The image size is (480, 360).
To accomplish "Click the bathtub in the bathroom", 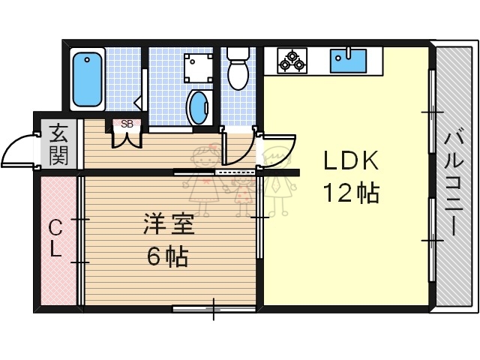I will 88,79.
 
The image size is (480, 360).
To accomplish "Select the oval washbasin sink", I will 198,107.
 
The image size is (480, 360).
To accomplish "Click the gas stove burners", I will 291,60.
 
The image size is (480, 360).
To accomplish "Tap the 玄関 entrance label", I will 58,145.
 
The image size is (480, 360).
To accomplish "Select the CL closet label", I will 56,238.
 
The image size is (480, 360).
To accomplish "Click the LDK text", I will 350,162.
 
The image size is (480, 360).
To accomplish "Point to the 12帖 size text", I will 350,193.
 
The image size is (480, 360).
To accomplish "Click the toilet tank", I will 238,54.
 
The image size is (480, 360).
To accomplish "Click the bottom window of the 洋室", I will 213,307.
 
